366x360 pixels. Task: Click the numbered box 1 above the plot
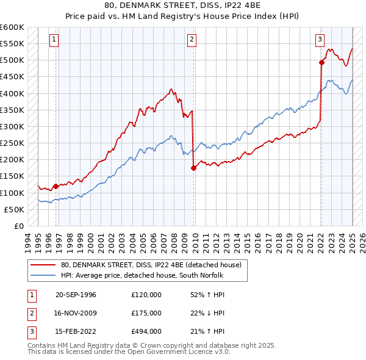point(54,40)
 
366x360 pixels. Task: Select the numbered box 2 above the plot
point(192,40)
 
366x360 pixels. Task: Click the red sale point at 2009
point(193,168)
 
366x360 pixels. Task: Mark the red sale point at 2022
point(321,62)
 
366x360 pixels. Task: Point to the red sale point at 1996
point(56,186)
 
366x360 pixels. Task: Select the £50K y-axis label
point(15,209)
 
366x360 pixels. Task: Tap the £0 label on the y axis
point(19,226)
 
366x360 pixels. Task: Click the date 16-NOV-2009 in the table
point(76,313)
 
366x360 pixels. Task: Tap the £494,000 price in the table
point(146,331)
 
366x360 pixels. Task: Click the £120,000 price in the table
point(146,295)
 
